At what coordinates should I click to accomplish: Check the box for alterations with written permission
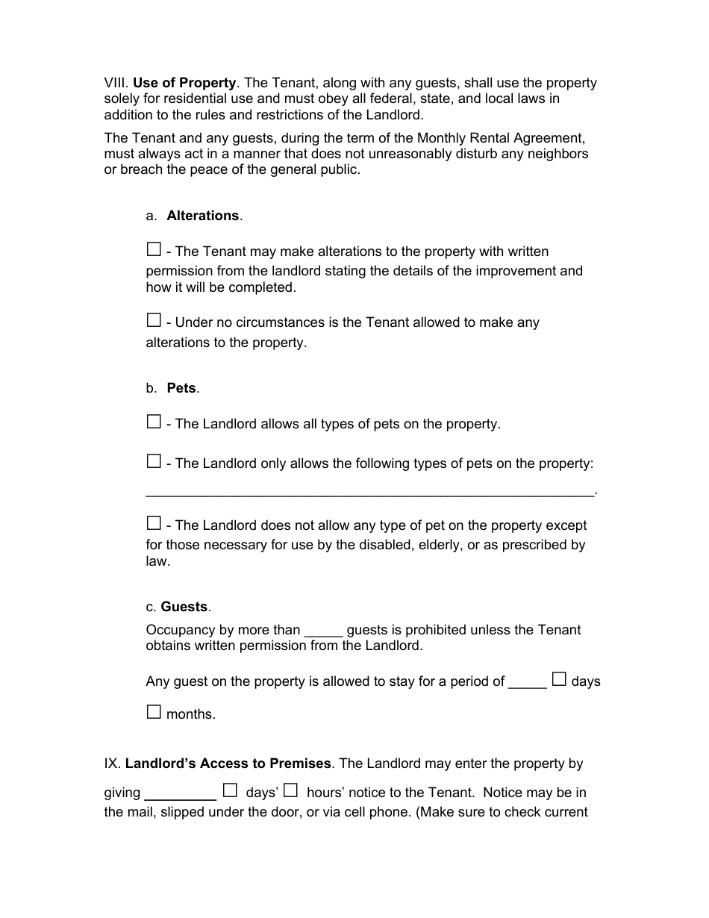(x=154, y=249)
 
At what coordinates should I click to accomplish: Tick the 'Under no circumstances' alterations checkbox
(x=154, y=320)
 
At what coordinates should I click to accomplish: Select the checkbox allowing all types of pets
(x=154, y=422)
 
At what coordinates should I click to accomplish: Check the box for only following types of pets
(x=154, y=461)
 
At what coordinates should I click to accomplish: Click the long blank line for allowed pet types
(x=370, y=493)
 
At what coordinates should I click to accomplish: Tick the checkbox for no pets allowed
(x=154, y=522)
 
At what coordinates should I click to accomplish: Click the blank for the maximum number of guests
(x=323, y=631)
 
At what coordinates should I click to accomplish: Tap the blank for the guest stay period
(x=527, y=683)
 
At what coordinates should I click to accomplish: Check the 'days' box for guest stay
(x=559, y=679)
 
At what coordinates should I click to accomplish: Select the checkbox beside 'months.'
(x=154, y=711)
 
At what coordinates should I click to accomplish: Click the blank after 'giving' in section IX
(x=179, y=795)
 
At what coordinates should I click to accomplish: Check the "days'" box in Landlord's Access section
(x=230, y=790)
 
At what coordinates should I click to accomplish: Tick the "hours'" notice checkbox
(x=291, y=790)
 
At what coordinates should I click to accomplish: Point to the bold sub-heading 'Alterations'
(x=202, y=216)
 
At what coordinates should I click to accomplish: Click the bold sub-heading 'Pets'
(x=181, y=388)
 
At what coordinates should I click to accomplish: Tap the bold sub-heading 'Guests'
(x=184, y=607)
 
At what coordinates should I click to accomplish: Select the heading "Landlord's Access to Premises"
(x=228, y=764)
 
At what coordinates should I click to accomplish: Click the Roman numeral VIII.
(x=116, y=83)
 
